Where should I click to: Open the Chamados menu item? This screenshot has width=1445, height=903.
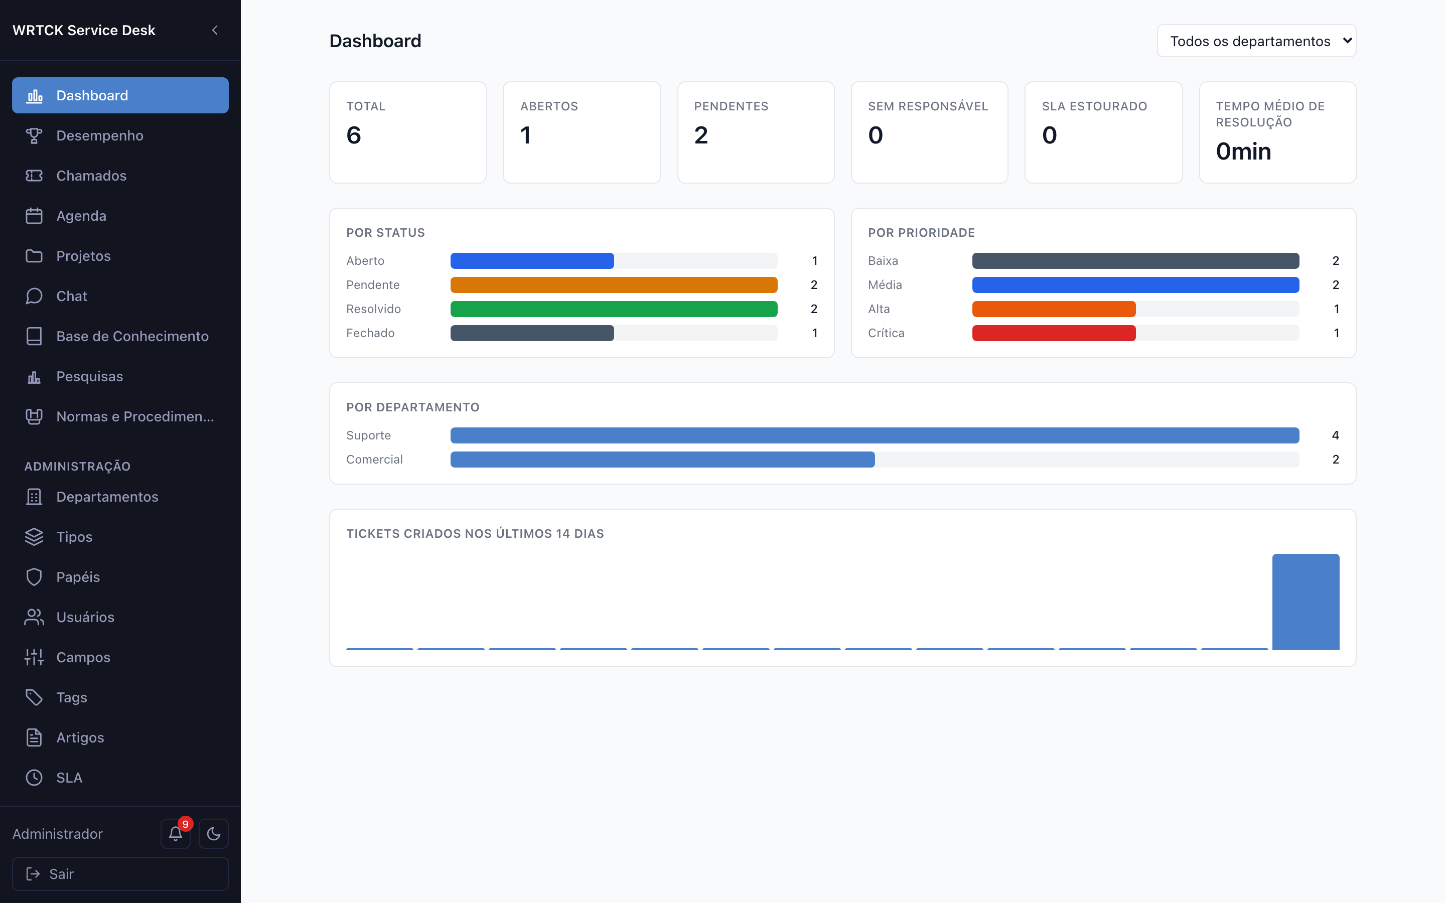pos(91,176)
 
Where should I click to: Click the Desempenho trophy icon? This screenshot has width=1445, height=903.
pos(34,135)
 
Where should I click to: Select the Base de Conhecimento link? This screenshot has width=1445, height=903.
pos(132,336)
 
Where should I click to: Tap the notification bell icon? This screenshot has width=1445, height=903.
pos(176,834)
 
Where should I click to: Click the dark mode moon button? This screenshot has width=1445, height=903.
pos(214,834)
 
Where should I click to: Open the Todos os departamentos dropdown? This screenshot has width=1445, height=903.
pos(1256,41)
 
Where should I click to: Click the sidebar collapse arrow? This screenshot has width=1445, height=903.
pos(215,30)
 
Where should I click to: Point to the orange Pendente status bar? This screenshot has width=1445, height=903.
pos(614,285)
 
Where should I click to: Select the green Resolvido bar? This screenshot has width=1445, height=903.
pos(614,309)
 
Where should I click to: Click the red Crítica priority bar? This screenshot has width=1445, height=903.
pos(1054,333)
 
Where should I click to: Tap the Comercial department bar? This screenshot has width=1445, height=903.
pos(662,459)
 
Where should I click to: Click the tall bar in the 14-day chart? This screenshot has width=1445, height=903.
pos(1306,602)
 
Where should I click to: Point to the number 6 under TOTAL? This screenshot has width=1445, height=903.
pos(354,135)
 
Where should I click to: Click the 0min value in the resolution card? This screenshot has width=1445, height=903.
pos(1243,152)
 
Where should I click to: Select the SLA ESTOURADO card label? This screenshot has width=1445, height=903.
pos(1094,106)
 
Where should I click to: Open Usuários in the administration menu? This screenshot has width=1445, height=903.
pos(85,617)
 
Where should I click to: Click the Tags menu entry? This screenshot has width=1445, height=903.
pos(72,697)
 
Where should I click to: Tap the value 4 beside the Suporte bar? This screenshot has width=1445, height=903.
pos(1335,435)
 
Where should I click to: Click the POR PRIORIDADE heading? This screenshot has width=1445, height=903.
pos(921,233)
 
